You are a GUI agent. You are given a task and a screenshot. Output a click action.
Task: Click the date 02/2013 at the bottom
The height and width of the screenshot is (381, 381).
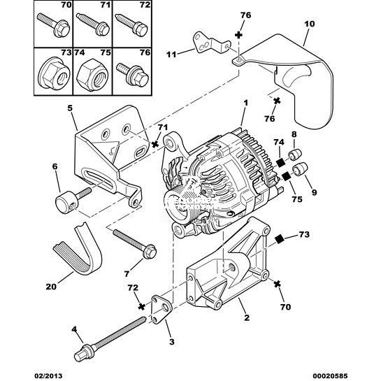(x=48, y=376)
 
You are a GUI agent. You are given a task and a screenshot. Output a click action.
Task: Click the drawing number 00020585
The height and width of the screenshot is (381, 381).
(x=330, y=376)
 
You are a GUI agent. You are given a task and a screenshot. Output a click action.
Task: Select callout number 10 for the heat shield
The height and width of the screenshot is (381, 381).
(x=309, y=24)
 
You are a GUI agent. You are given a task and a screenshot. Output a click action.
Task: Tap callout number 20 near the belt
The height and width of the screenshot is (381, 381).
(x=51, y=287)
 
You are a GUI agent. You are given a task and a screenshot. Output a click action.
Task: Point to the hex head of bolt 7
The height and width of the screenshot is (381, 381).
(x=148, y=252)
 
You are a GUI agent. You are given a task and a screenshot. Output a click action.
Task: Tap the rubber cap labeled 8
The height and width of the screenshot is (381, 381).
(x=295, y=154)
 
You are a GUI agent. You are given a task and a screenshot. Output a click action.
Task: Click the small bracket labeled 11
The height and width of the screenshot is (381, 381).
(x=210, y=44)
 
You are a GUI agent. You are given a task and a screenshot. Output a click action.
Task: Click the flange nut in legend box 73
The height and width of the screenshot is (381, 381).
(x=55, y=73)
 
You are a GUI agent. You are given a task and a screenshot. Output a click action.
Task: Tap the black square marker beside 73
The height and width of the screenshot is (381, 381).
(x=280, y=240)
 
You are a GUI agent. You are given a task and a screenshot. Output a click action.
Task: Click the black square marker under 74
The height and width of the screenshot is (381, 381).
(x=281, y=163)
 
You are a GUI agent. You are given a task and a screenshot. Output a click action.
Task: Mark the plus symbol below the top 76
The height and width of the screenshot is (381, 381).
(x=239, y=35)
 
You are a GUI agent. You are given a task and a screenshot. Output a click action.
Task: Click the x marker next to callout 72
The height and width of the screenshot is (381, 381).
(x=141, y=306)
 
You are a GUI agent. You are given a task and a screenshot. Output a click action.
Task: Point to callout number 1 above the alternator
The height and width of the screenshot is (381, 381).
(x=245, y=103)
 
